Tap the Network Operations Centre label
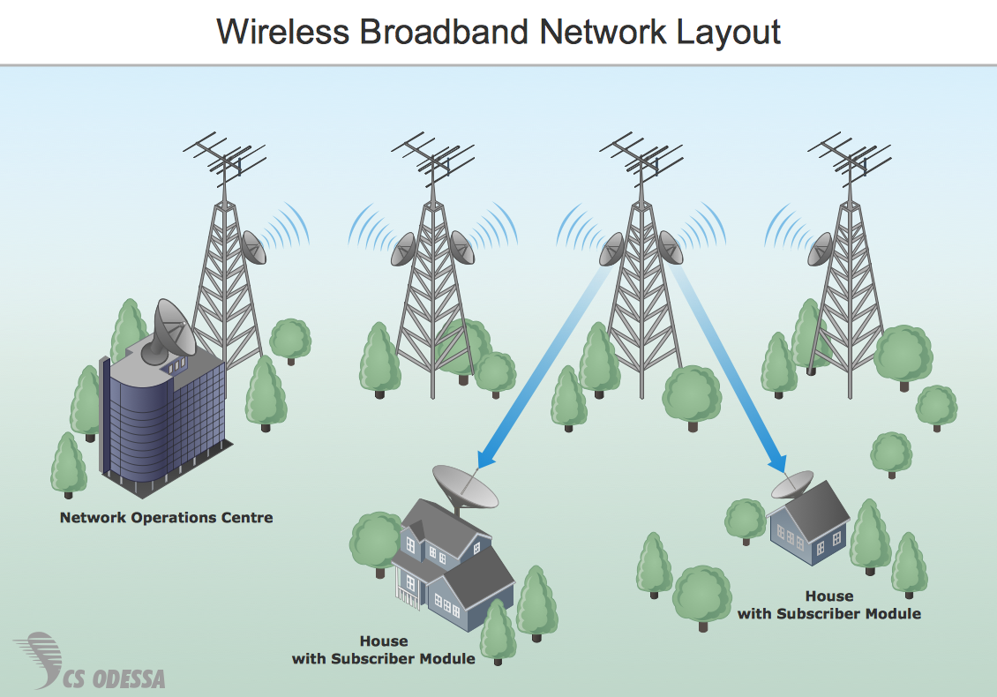pyautogui.click(x=166, y=518)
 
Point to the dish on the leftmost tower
pyautogui.click(x=254, y=248)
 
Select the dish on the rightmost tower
pyautogui.click(x=821, y=248)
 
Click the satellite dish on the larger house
pyautogui.click(x=465, y=486)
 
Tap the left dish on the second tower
pyautogui.click(x=404, y=249)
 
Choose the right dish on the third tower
pyautogui.click(x=671, y=248)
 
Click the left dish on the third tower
pyautogui.click(x=611, y=249)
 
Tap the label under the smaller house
pyautogui.click(x=828, y=605)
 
